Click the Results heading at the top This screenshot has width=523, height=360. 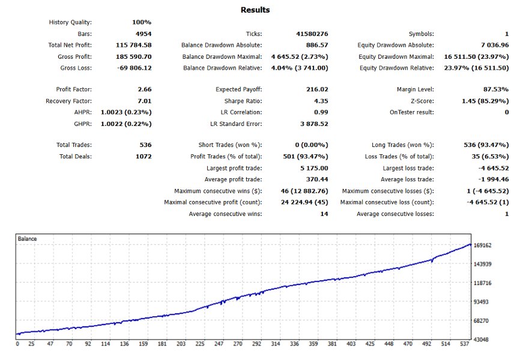(255, 10)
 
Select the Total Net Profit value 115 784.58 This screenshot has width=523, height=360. (133, 45)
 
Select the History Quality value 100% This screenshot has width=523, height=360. (142, 22)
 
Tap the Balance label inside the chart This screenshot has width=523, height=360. (27, 239)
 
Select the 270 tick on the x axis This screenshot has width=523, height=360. (237, 344)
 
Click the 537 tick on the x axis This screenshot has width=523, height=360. (464, 344)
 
